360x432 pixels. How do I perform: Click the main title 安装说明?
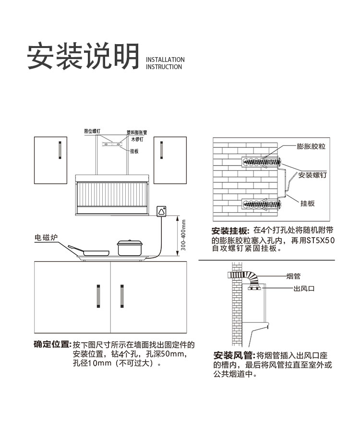[x=83, y=57]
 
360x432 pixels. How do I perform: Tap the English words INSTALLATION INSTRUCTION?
[x=165, y=63]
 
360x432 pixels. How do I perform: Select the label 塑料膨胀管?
[x=137, y=132]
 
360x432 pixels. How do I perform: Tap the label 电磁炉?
[x=46, y=238]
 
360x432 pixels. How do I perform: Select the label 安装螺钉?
[x=312, y=175]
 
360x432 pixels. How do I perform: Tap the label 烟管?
[x=293, y=276]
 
